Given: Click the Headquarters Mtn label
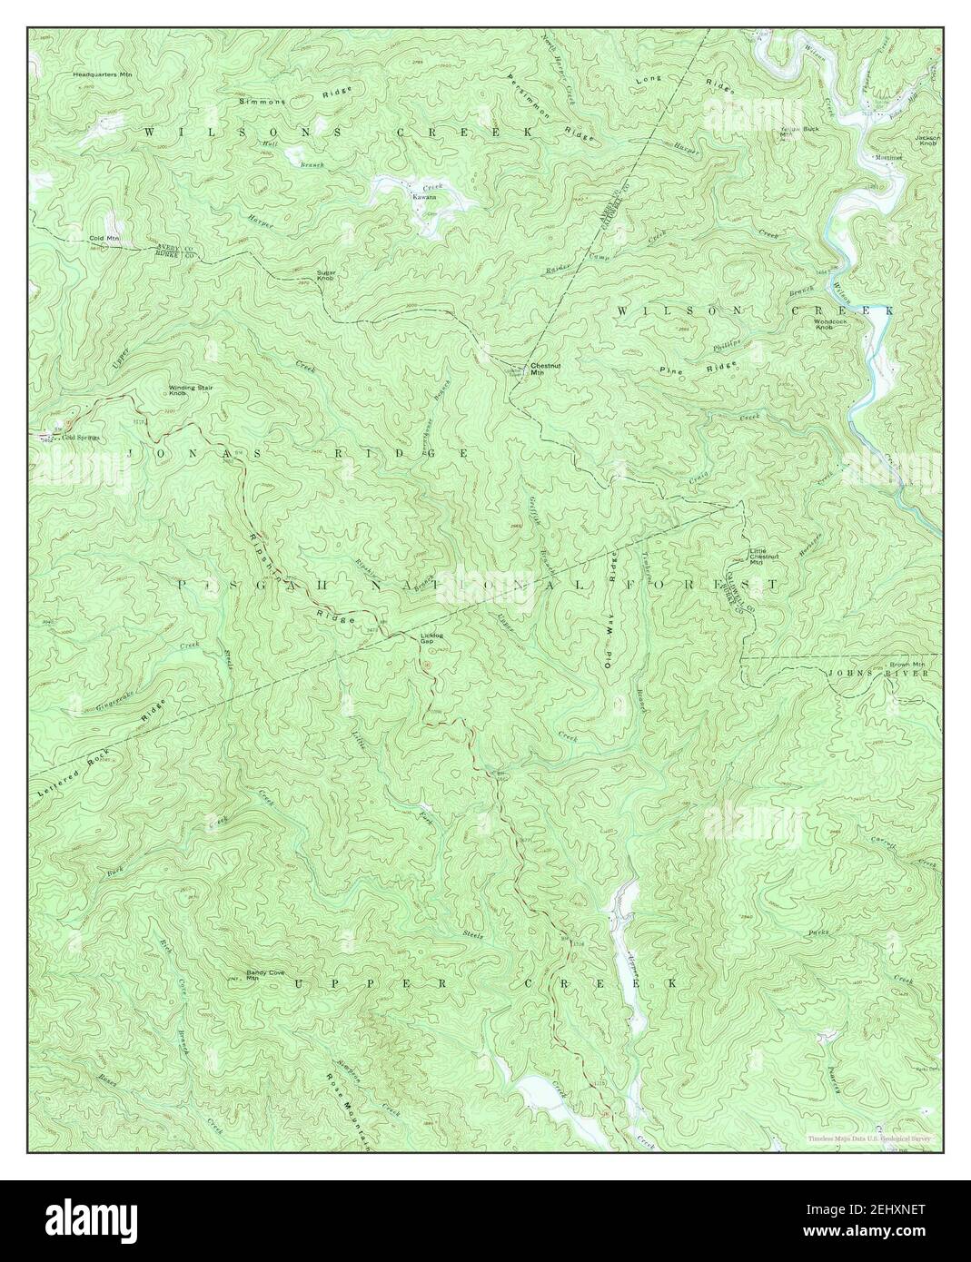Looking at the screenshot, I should [x=103, y=76].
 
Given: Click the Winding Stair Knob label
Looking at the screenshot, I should [x=190, y=391].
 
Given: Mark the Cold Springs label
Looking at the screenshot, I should [x=80, y=438].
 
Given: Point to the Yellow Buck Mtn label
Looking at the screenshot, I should [x=793, y=132].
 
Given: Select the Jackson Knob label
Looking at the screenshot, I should [x=927, y=140].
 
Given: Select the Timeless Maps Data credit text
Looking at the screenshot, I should [x=871, y=1139].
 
